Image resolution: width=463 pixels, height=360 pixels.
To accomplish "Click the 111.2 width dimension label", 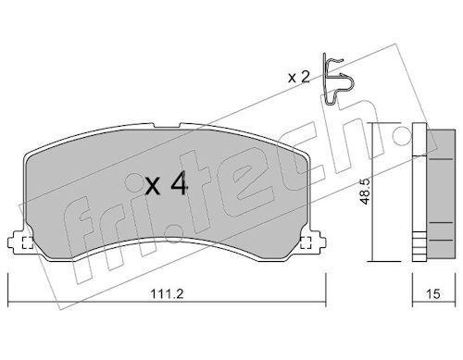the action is (167, 293).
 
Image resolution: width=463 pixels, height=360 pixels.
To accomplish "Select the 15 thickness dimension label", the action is (433, 294).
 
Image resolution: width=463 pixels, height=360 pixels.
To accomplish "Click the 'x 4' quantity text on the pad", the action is (167, 183).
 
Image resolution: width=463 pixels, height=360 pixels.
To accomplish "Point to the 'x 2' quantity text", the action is (299, 77).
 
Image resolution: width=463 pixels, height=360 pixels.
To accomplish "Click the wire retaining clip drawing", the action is (337, 80).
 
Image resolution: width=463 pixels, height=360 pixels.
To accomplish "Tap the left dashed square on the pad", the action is (28, 242).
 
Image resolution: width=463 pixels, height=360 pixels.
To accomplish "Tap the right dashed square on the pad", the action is (306, 242).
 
